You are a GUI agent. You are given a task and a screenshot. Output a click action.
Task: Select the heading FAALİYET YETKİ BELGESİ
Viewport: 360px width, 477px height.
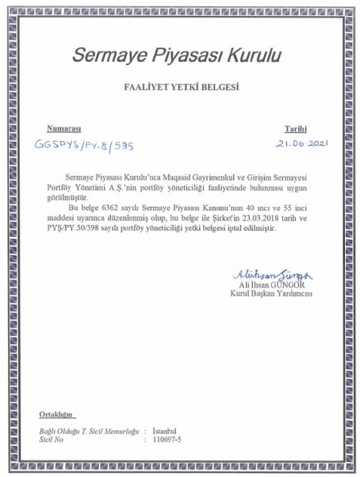coord(179,87)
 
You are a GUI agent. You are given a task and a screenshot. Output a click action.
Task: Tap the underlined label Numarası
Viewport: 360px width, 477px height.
coord(65,128)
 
